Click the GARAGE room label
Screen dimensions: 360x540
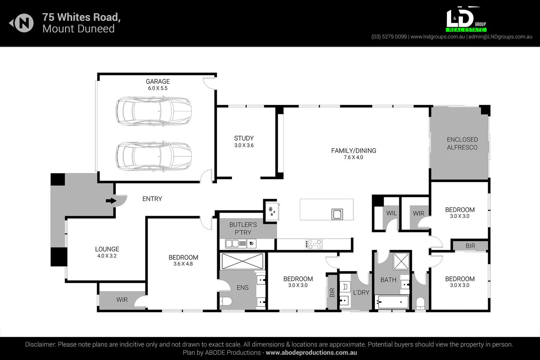click(157, 81)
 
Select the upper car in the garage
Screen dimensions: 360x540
click(154, 111)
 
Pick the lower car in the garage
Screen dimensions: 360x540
click(154, 156)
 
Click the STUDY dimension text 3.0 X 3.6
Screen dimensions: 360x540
click(244, 145)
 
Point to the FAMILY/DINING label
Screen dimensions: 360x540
click(354, 151)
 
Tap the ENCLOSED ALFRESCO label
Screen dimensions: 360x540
click(462, 143)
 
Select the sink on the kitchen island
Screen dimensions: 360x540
click(337, 214)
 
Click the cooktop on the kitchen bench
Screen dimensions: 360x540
click(314, 244)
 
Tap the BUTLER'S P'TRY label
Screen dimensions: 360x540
click(243, 228)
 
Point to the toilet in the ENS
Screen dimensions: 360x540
click(226, 302)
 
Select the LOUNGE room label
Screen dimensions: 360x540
click(107, 249)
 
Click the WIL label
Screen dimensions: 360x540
click(391, 213)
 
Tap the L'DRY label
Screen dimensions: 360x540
click(361, 292)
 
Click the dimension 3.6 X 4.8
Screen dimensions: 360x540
click(183, 264)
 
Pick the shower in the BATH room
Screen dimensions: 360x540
click(401, 261)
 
